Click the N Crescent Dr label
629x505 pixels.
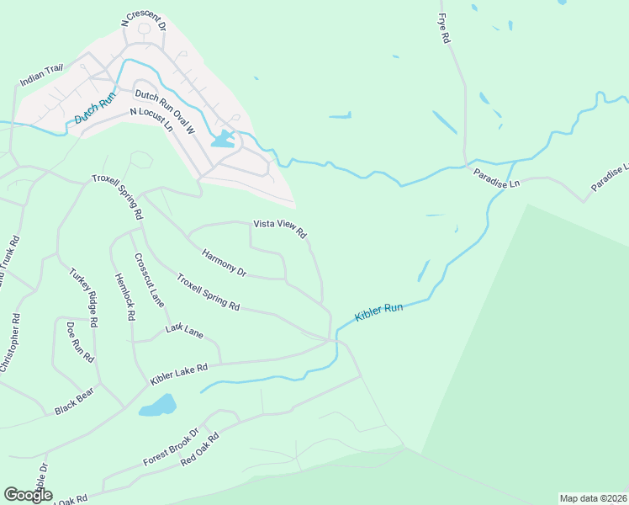[144, 20]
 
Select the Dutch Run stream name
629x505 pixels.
[94, 109]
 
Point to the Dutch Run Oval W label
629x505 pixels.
[165, 110]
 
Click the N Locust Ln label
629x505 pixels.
[151, 119]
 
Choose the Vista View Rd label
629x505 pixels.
[280, 229]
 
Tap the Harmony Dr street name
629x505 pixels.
[224, 262]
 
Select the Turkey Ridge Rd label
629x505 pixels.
[84, 297]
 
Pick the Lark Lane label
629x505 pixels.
[184, 332]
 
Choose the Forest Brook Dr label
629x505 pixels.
[170, 447]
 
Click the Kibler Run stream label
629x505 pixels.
[378, 311]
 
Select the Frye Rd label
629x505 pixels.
[444, 28]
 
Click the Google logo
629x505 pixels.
[28, 495]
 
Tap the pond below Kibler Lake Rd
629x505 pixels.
[157, 406]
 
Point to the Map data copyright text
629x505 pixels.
[594, 498]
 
